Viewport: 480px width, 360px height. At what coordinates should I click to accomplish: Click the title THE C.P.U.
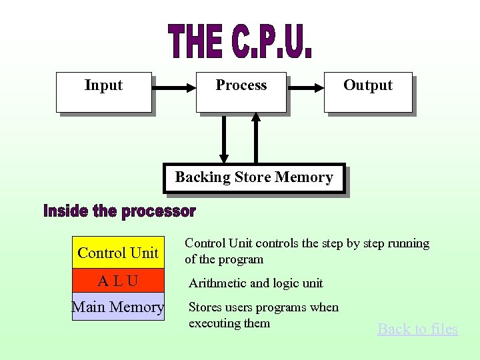241,41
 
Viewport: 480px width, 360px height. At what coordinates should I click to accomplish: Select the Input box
104,92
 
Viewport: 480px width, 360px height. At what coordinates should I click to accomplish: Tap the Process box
241,92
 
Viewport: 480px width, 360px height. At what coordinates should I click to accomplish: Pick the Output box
368,92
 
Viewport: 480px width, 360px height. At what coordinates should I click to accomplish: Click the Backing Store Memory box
254,178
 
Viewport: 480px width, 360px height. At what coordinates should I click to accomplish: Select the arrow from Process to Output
305,86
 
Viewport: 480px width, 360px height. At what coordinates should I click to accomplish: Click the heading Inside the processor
119,212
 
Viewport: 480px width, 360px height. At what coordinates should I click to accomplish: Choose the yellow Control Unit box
118,253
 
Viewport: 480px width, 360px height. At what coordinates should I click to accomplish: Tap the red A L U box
118,281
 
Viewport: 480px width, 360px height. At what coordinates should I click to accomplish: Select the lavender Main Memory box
118,307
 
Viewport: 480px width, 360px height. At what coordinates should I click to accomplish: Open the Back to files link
417,329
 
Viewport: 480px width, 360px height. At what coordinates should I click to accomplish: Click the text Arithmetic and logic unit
255,283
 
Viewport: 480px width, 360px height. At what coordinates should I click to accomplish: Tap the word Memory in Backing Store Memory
303,177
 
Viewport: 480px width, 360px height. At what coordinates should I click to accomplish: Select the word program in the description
243,259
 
